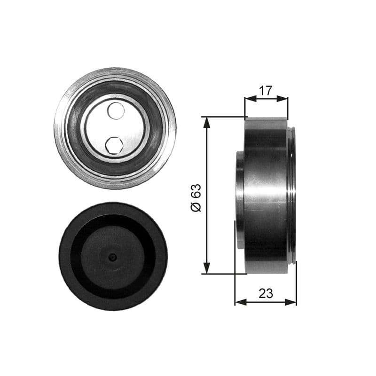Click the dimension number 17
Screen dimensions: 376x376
coord(266,91)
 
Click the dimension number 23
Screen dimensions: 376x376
coord(266,294)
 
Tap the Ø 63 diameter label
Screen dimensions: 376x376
coord(196,197)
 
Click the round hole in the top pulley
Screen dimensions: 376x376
coord(116,110)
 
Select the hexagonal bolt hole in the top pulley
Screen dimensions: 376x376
coord(114,145)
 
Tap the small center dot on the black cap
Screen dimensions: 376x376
coord(112,257)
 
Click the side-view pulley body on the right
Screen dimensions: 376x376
coord(266,195)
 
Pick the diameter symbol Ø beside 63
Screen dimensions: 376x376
coord(196,207)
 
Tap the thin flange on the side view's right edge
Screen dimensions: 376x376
coord(293,195)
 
